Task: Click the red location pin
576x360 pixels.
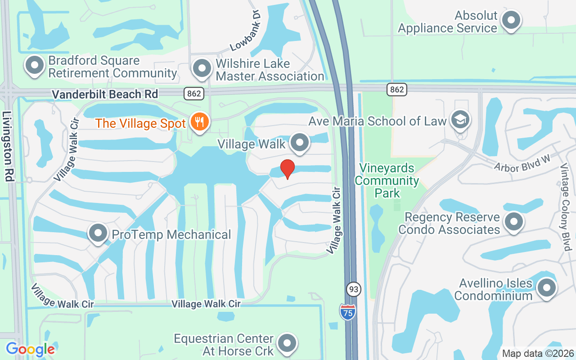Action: click(288, 169)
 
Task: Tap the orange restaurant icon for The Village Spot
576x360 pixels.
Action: click(198, 121)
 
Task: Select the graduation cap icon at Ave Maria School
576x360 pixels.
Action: click(461, 120)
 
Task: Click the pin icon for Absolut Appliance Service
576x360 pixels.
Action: click(511, 21)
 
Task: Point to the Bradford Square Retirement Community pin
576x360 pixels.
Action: click(35, 66)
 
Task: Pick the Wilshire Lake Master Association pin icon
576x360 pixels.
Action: click(202, 69)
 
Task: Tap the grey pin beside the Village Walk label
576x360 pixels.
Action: click(300, 143)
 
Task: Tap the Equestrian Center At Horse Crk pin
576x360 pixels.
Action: click(287, 344)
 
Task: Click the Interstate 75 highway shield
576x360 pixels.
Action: click(347, 311)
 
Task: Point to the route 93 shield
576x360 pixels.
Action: click(354, 289)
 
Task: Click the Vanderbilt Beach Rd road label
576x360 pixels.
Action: click(105, 94)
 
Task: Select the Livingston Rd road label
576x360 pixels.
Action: click(9, 147)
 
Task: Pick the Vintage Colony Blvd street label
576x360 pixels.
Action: click(565, 207)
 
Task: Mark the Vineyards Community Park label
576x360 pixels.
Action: click(387, 180)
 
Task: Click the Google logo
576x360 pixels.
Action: click(30, 349)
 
